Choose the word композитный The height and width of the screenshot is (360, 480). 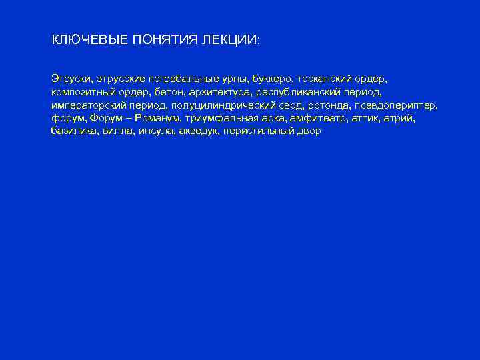[x=81, y=92]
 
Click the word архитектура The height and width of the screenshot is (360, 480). [x=221, y=92]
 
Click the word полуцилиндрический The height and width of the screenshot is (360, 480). [x=225, y=105]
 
